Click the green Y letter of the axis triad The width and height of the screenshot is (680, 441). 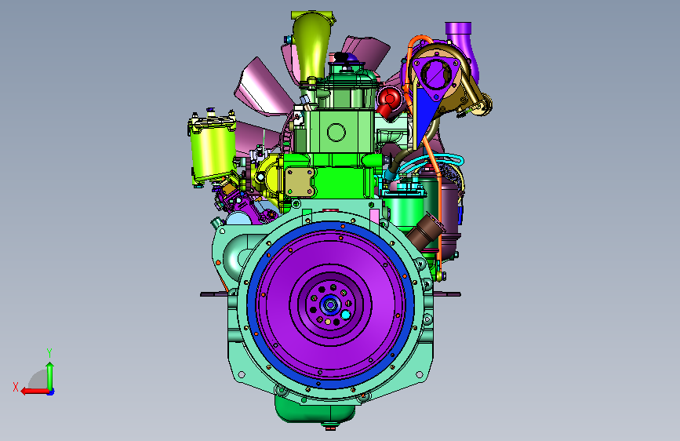click(49, 352)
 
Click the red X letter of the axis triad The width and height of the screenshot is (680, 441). click(16, 387)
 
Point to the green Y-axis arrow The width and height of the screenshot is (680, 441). click(50, 377)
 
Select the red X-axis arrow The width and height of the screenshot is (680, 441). click(35, 392)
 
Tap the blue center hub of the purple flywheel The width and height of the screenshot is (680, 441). click(330, 304)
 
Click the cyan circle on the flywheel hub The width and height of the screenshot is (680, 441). click(346, 315)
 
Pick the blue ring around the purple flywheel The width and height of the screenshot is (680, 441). click(330, 304)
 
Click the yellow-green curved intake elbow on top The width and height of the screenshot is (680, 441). click(311, 46)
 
